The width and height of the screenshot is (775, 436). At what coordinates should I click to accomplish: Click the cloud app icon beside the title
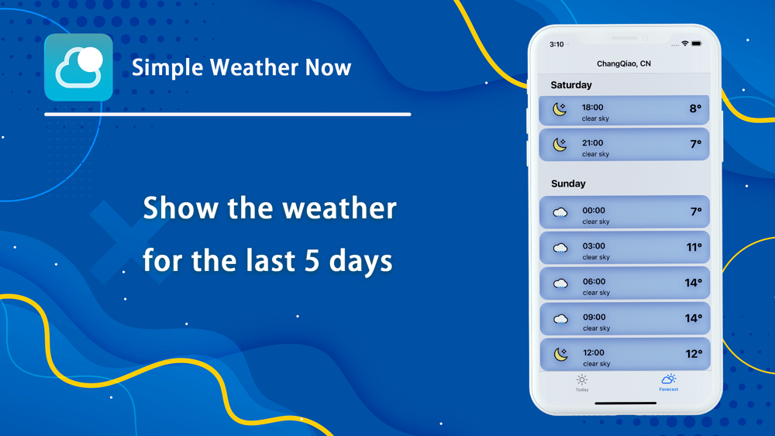pyautogui.click(x=78, y=67)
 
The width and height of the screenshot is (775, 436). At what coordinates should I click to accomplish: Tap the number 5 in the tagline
pyautogui.click(x=312, y=260)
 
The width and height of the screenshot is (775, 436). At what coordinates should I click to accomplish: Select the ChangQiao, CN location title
pyautogui.click(x=624, y=64)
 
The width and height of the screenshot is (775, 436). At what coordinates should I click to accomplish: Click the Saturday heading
pyautogui.click(x=571, y=85)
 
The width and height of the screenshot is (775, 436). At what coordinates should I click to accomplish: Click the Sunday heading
pyautogui.click(x=568, y=184)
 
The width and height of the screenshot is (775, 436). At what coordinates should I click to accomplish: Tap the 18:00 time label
pyautogui.click(x=593, y=107)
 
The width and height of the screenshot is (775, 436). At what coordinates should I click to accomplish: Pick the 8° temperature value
pyautogui.click(x=695, y=108)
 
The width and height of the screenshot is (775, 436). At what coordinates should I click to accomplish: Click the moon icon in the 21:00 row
pyautogui.click(x=560, y=144)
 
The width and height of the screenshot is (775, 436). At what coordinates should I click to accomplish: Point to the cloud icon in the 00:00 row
pyautogui.click(x=560, y=212)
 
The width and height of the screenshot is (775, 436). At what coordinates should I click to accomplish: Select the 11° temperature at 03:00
pyautogui.click(x=694, y=247)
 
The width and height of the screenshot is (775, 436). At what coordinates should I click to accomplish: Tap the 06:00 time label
pyautogui.click(x=594, y=281)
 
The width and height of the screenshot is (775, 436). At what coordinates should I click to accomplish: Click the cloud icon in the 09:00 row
pyautogui.click(x=560, y=319)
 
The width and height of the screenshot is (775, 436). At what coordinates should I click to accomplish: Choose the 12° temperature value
pyautogui.click(x=694, y=354)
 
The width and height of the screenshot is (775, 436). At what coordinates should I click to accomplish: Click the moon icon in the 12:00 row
pyautogui.click(x=560, y=354)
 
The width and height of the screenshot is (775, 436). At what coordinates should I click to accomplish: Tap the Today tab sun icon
pyautogui.click(x=582, y=379)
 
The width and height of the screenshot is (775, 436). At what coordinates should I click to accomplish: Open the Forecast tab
pyautogui.click(x=669, y=383)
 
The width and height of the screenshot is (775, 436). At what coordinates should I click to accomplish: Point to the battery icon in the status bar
pyautogui.click(x=697, y=44)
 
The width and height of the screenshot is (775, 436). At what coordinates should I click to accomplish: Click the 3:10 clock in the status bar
pyautogui.click(x=556, y=44)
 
